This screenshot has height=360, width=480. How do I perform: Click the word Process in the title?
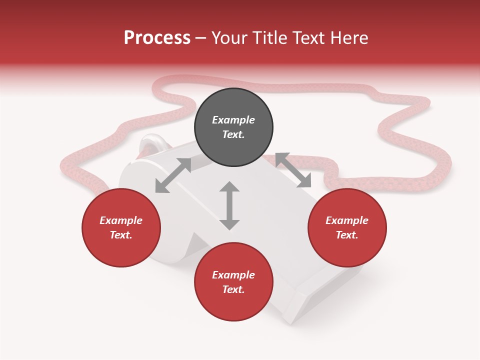click(157, 38)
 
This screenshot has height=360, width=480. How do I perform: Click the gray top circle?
click(233, 127)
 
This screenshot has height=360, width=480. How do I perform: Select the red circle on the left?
click(121, 228)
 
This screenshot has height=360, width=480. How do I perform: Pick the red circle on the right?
click(347, 228)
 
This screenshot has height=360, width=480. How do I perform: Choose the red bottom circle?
click(233, 282)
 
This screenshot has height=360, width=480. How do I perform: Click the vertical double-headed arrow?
click(229, 205)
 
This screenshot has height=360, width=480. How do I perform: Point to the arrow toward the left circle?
click(173, 175)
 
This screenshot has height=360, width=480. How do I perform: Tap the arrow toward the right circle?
click(293, 170)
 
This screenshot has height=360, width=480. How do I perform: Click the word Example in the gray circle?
click(233, 120)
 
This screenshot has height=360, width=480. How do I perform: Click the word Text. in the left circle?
click(121, 235)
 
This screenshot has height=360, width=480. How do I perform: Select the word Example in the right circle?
click(347, 220)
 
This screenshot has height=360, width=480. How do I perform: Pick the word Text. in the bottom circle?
click(233, 289)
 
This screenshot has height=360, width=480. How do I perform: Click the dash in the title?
click(201, 38)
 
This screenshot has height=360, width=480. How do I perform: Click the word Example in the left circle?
click(121, 220)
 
